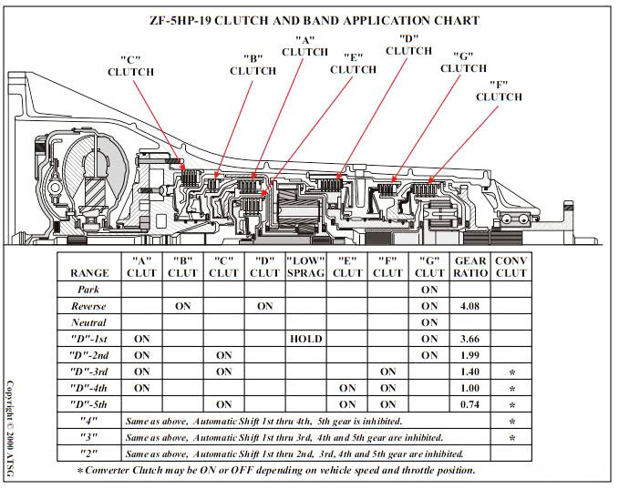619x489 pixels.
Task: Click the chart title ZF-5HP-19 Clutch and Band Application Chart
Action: pos(315,21)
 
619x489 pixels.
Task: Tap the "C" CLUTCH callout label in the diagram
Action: pos(130,66)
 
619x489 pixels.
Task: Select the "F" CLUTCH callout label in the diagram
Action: pos(499,91)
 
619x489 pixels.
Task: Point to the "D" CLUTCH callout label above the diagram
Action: pos(408,45)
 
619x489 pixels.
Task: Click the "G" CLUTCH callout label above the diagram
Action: pos(463,62)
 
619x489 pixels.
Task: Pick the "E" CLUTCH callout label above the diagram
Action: pos(354,64)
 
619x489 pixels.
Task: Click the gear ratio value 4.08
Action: pos(469,306)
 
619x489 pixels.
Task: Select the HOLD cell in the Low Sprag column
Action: pos(306,339)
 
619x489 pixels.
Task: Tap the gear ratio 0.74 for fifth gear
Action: pos(469,404)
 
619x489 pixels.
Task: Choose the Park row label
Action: pos(88,290)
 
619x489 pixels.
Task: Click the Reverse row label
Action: pos(88,306)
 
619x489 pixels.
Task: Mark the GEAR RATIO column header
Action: pos(470,267)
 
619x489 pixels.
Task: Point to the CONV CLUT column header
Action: pos(511,267)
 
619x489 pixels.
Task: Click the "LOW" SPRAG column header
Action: pos(306,267)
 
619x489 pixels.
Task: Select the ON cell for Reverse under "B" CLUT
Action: pos(182,306)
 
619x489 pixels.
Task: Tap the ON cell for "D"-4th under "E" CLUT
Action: pos(347,388)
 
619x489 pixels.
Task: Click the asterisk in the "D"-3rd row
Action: pos(512,372)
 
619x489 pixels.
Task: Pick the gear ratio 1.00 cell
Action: pos(469,388)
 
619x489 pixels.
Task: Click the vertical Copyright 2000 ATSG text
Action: pos(10,428)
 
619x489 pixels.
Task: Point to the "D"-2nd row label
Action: pos(88,355)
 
